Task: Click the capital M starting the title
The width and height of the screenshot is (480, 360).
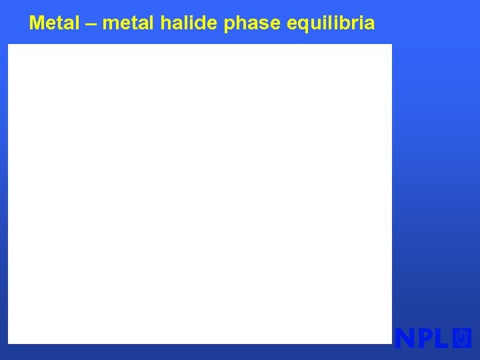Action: [x=37, y=23]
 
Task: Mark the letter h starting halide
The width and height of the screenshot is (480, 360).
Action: [x=166, y=23]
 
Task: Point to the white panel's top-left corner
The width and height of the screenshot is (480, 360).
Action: [x=9, y=45]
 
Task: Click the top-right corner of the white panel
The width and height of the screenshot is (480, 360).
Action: [x=391, y=45]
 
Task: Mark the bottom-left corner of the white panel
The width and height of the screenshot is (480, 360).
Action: [x=9, y=343]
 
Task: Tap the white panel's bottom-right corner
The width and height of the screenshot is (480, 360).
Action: [x=391, y=343]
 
